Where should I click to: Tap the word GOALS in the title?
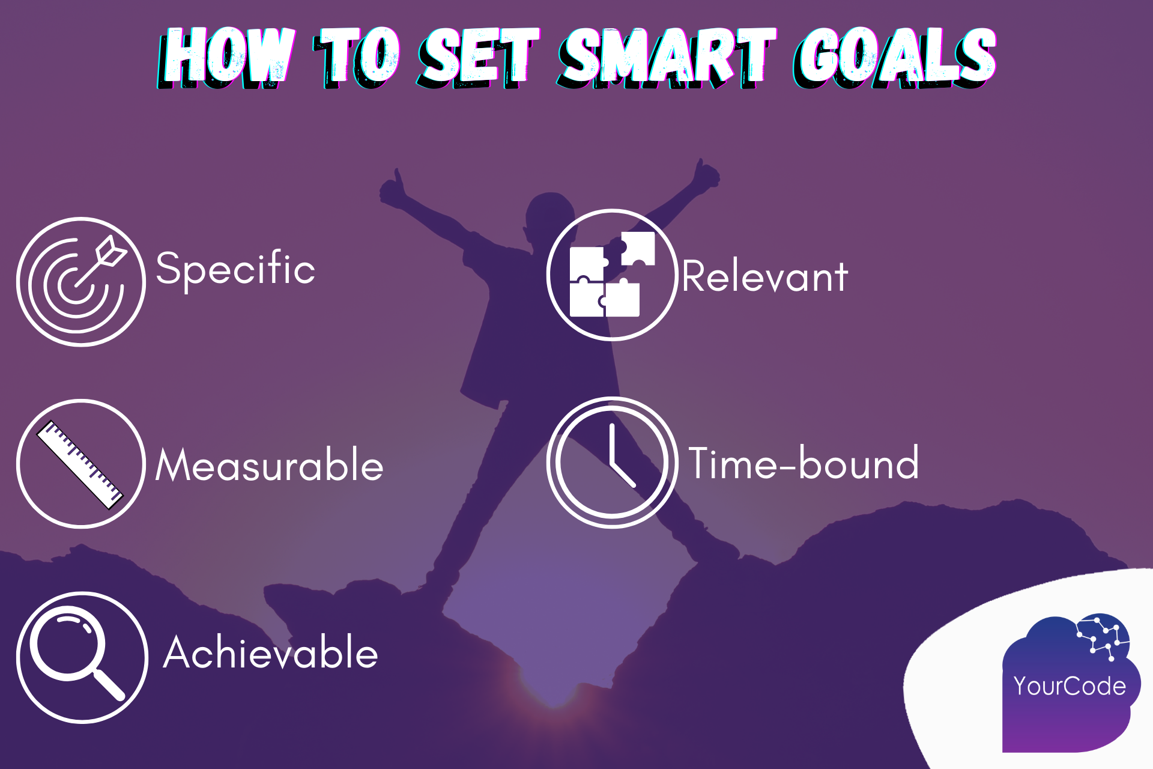(x=895, y=57)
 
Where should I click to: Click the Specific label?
(x=235, y=269)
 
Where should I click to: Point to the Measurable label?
(x=269, y=465)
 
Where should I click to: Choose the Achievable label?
(x=271, y=653)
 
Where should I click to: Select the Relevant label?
(x=764, y=277)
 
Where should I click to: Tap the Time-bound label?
(x=803, y=463)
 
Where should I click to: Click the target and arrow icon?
(x=81, y=282)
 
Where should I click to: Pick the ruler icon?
(x=81, y=464)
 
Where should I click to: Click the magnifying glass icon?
(x=82, y=657)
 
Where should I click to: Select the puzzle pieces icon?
(x=612, y=275)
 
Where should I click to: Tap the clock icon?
(x=612, y=463)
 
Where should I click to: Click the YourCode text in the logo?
(x=1070, y=686)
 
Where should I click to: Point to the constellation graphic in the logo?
(x=1103, y=637)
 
